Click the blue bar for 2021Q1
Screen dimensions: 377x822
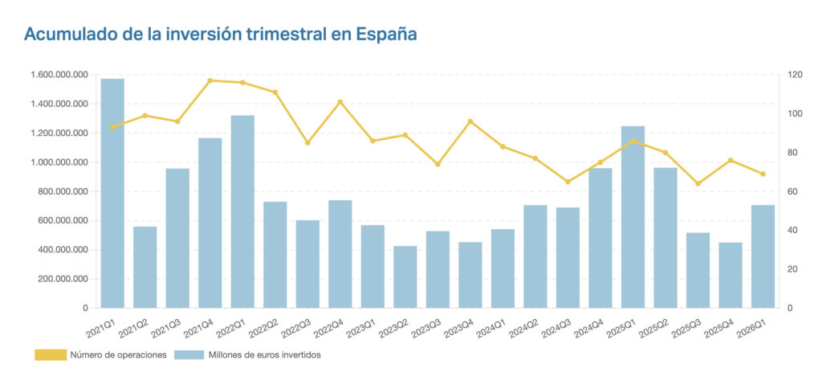pos(112,193)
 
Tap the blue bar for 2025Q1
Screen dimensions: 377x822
pos(633,217)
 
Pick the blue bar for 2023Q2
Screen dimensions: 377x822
pos(405,277)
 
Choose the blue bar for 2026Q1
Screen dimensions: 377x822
pos(763,256)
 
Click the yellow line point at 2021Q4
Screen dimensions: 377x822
pos(210,80)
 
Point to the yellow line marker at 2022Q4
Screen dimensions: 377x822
pos(340,102)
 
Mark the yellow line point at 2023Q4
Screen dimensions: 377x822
pos(470,121)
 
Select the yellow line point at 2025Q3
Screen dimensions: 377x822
pos(698,183)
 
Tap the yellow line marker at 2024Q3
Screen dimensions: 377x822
pos(568,182)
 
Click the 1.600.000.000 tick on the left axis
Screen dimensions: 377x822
pos(58,75)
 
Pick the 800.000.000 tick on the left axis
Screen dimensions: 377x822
pos(61,191)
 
